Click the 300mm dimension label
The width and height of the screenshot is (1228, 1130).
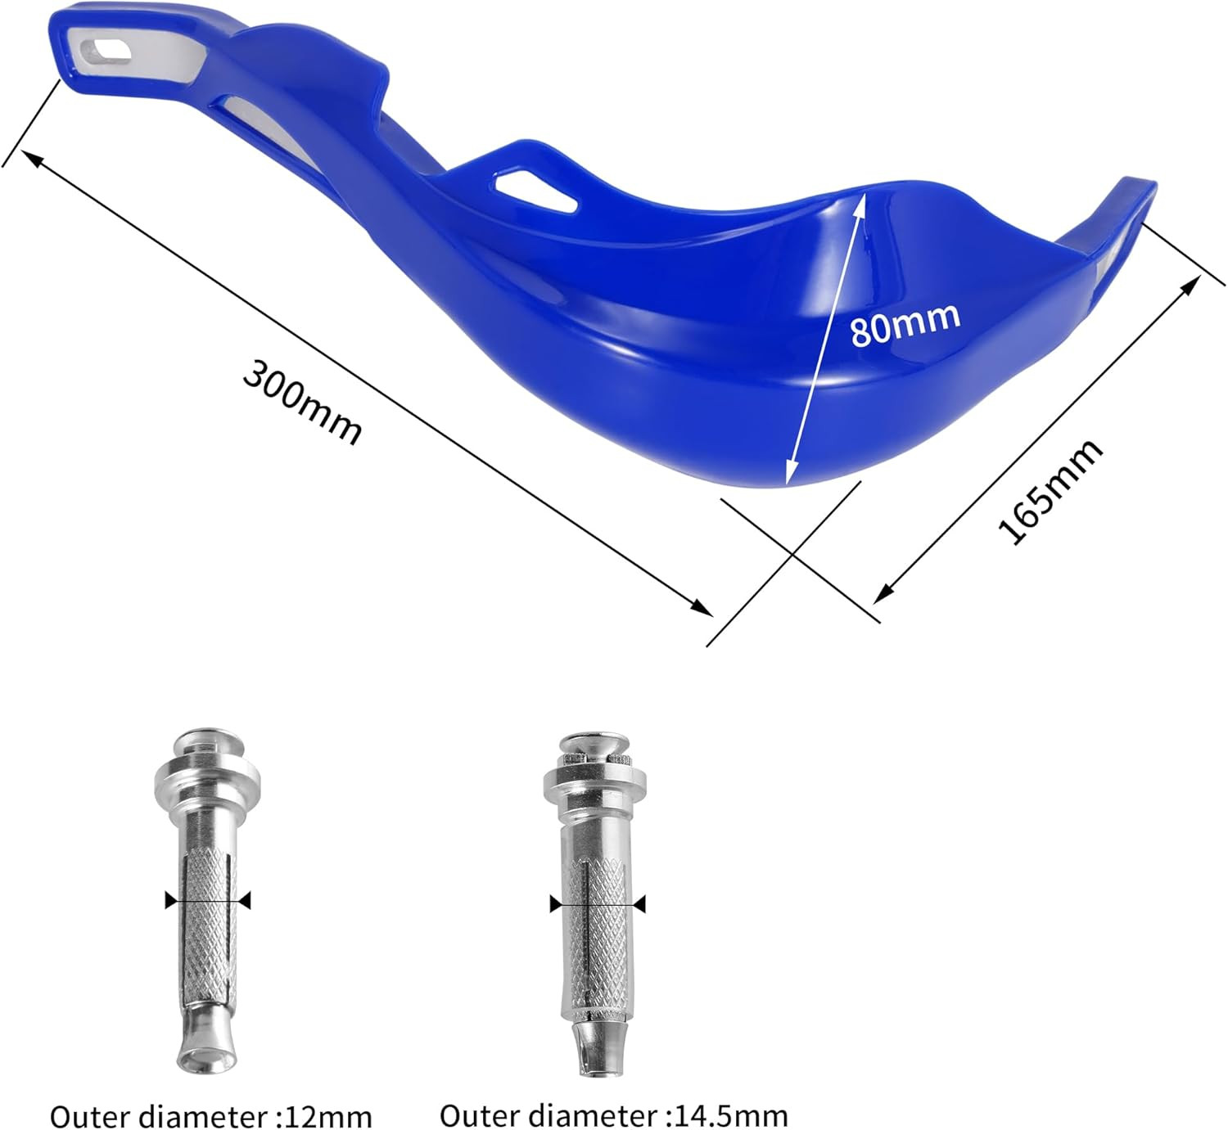click(302, 402)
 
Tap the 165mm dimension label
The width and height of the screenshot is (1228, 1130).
click(1050, 491)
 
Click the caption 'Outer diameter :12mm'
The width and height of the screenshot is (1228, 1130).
click(210, 1115)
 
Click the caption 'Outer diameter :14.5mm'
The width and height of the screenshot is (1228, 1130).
click(613, 1114)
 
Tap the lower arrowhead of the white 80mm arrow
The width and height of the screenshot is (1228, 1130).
click(788, 474)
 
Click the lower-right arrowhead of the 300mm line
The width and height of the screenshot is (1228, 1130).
click(702, 608)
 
